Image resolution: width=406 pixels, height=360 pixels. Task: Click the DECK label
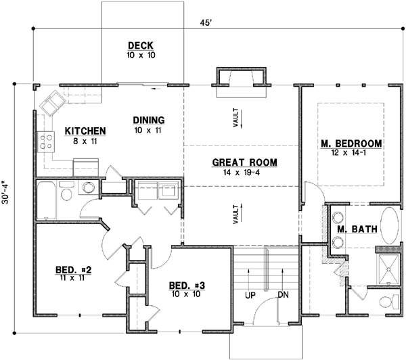point(141,45)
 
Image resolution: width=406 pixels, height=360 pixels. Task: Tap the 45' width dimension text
point(205,22)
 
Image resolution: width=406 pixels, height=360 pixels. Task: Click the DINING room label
point(149,120)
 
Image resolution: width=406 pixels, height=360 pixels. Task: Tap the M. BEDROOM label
point(351,144)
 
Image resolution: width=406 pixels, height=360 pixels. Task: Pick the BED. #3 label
point(185,285)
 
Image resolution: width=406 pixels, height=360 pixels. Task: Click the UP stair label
point(250,296)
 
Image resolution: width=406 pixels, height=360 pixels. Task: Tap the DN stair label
point(284,296)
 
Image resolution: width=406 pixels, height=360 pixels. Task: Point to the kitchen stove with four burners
point(47,141)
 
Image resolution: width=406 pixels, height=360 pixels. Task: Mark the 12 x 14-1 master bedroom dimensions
point(351,154)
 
